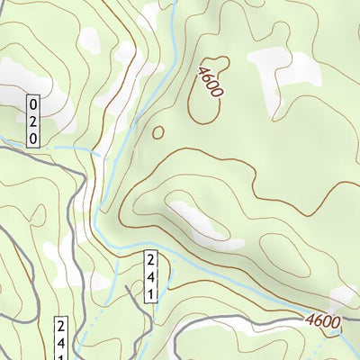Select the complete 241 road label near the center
(x=152, y=277)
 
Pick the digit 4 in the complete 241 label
(x=152, y=277)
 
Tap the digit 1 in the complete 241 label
(x=152, y=293)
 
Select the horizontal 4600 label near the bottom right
(x=322, y=321)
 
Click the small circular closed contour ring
(x=158, y=132)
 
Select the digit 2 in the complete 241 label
(x=152, y=261)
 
